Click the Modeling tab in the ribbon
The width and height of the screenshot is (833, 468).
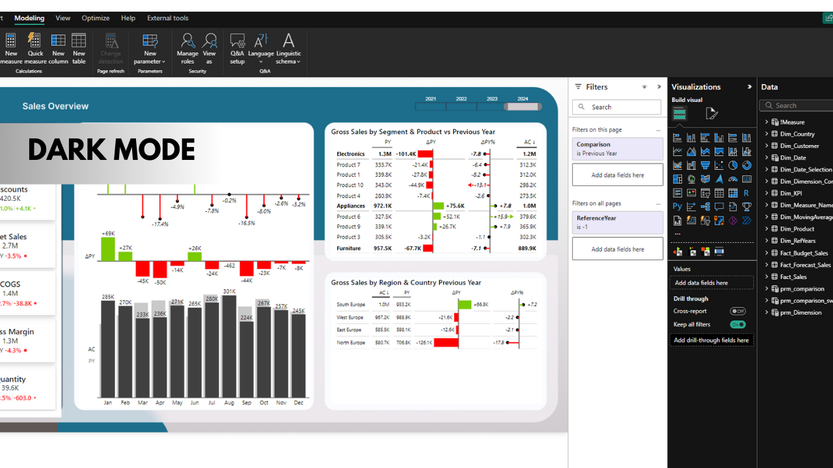click(29, 18)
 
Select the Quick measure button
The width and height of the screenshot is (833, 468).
click(35, 49)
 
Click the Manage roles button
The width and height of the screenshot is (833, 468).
click(187, 49)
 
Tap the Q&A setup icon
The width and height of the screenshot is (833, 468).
click(238, 49)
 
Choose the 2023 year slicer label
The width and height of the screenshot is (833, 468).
click(492, 99)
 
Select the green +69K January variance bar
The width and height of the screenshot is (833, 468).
click(108, 249)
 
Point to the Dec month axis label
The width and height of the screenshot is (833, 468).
click(299, 403)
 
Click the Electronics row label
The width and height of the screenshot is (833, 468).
click(351, 154)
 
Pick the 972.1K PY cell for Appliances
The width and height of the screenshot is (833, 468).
click(382, 206)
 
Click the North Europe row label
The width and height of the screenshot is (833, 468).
click(351, 343)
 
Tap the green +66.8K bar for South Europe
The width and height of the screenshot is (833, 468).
click(464, 304)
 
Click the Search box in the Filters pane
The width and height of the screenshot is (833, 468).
click(617, 107)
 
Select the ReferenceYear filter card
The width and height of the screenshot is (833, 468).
click(617, 222)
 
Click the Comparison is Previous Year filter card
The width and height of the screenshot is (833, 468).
click(617, 149)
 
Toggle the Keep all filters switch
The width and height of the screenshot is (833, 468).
click(737, 324)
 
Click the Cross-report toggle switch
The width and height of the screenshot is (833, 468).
click(737, 311)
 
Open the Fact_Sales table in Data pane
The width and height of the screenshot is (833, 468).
click(793, 277)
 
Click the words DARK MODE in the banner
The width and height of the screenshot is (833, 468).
click(111, 151)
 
